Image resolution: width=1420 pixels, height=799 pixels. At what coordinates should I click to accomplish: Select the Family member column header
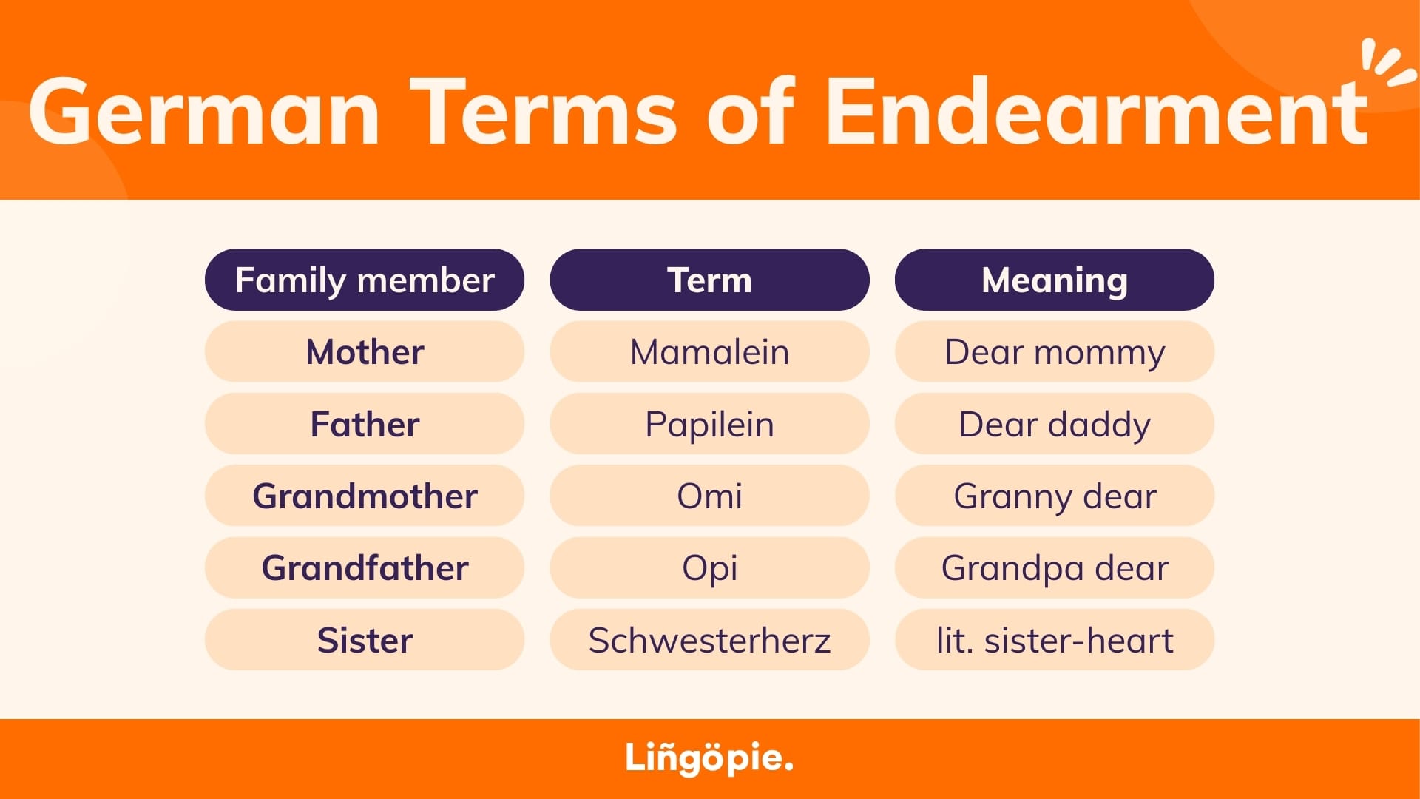(x=365, y=280)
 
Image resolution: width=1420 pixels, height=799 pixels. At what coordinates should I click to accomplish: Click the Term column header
(x=709, y=280)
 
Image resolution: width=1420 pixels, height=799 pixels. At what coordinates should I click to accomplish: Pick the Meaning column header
(x=1055, y=280)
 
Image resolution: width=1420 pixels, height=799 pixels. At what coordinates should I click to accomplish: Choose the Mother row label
(x=365, y=351)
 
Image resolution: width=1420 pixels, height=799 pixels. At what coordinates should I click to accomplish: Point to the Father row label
(x=365, y=424)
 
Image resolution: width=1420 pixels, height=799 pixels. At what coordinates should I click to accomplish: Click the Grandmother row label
(x=365, y=496)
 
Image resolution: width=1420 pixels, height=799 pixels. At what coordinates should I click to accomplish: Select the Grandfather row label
(x=365, y=567)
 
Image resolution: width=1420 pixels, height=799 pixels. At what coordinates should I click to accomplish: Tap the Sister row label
(x=365, y=640)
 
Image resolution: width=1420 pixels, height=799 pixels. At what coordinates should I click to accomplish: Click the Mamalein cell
(x=709, y=351)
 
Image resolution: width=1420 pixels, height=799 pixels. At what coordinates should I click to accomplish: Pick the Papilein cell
(x=709, y=424)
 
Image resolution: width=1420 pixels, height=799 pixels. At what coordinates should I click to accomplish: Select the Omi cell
(x=709, y=496)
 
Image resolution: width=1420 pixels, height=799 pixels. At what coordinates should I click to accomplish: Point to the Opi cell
(x=709, y=567)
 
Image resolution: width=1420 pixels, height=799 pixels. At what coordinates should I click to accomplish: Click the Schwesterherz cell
(x=709, y=640)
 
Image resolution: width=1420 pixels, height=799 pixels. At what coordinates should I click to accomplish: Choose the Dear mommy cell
(x=1055, y=351)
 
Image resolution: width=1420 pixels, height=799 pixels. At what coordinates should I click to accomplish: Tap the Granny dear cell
(x=1055, y=496)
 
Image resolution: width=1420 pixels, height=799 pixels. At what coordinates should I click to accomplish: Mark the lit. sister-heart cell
(x=1055, y=640)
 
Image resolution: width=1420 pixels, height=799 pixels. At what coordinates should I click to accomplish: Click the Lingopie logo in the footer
(x=709, y=758)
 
